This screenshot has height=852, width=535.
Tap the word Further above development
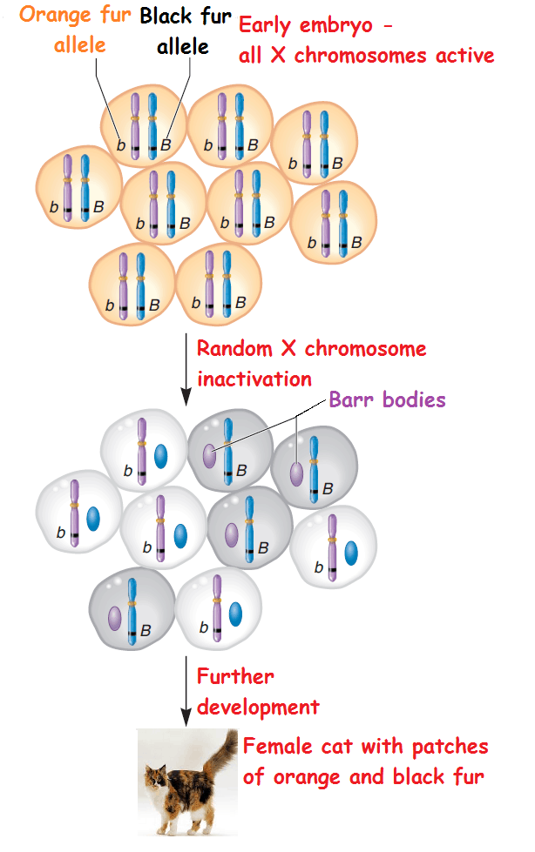(235, 676)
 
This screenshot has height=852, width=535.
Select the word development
(258, 706)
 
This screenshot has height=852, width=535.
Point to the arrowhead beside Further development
(186, 718)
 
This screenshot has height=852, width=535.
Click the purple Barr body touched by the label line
(210, 455)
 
